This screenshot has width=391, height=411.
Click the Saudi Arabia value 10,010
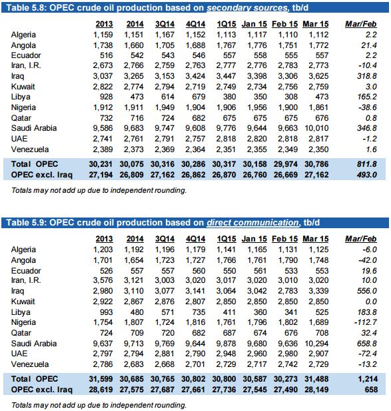tap(316, 128)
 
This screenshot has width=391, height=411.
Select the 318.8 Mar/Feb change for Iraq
tap(366, 76)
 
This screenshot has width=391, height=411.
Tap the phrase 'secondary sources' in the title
tap(247, 7)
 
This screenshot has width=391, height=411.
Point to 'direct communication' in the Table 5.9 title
tap(252, 223)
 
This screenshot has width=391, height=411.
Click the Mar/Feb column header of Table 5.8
tap(360, 24)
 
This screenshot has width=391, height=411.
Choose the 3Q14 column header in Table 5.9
tap(165, 239)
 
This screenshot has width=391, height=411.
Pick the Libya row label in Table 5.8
tap(21, 97)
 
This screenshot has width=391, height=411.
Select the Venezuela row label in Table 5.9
tap(30, 364)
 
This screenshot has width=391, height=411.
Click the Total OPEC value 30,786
tap(316, 164)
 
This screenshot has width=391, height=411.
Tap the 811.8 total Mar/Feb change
tap(366, 164)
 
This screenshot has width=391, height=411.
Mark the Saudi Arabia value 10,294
tap(316, 344)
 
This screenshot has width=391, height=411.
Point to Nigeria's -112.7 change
tap(365, 322)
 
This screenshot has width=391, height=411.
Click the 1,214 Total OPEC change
tap(368, 379)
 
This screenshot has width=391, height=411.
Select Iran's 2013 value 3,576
tap(103, 280)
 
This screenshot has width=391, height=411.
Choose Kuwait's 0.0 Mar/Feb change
tap(371, 302)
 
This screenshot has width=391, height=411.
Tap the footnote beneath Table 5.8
tap(99, 190)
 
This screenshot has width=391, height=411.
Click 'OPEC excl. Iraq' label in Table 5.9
tap(41, 390)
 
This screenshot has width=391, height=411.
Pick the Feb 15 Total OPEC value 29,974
tap(286, 164)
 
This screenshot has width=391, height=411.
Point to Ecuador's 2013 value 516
tap(107, 55)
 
